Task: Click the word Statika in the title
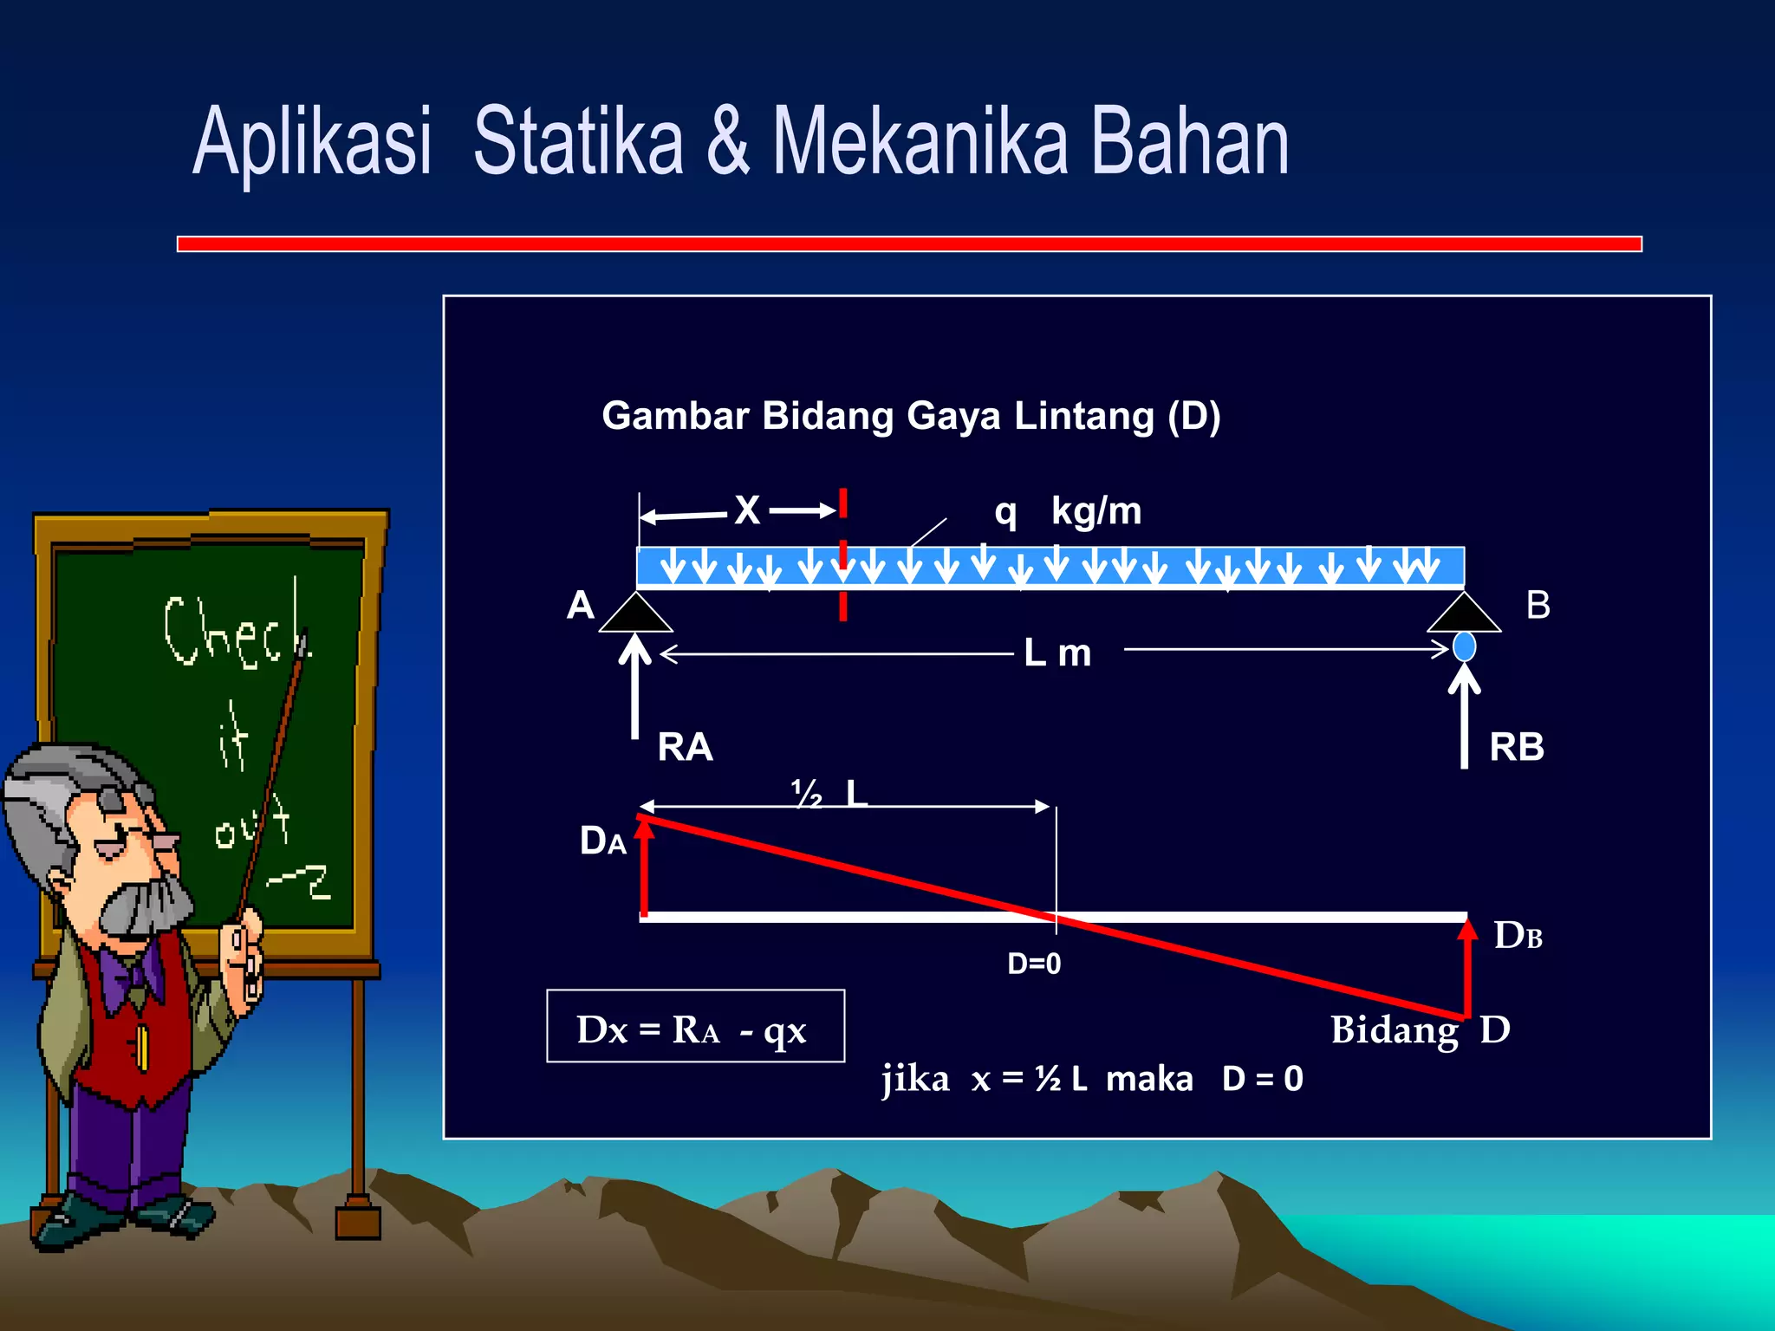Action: tap(578, 140)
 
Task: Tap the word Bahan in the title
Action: tap(1189, 140)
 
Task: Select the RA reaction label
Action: tap(685, 747)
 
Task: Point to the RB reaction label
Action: tap(1517, 747)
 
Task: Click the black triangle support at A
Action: tap(635, 614)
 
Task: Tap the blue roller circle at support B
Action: tap(1464, 646)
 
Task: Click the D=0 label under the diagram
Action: tap(1034, 964)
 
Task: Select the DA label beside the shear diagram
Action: tap(602, 841)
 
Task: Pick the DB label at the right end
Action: tap(1518, 936)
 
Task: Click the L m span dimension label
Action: tap(1057, 653)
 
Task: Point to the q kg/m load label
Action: tap(1068, 511)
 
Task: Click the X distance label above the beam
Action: tap(747, 510)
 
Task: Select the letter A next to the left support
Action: tap(581, 605)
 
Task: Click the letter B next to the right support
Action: tap(1538, 605)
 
